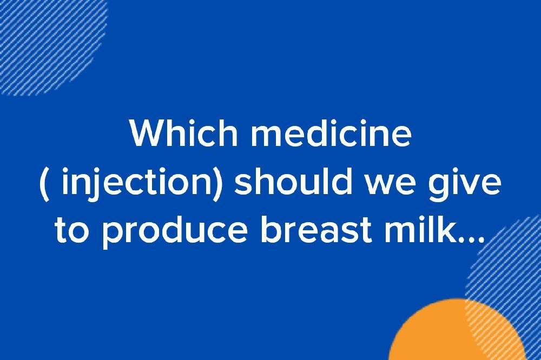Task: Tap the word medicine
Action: [331, 135]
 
